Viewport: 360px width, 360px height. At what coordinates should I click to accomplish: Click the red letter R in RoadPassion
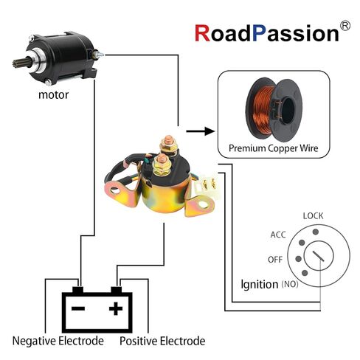click(x=202, y=33)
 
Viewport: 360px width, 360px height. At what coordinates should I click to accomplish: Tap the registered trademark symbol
click(x=345, y=26)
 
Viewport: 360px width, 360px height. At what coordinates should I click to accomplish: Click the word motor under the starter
click(x=53, y=95)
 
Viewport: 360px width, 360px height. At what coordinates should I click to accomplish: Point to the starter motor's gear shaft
click(x=20, y=63)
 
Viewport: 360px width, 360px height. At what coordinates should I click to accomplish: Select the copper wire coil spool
click(x=274, y=109)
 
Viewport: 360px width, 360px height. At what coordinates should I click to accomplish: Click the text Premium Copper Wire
click(x=273, y=148)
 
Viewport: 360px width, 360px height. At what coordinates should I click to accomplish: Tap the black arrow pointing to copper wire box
click(x=200, y=131)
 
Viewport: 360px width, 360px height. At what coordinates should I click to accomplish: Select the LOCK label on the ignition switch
click(x=313, y=216)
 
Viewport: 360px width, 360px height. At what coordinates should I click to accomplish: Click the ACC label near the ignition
click(x=278, y=235)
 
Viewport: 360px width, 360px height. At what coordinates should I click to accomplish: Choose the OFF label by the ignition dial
click(x=275, y=260)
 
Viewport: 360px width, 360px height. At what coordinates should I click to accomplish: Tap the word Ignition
click(x=260, y=284)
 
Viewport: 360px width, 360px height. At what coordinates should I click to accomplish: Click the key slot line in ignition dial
click(x=319, y=256)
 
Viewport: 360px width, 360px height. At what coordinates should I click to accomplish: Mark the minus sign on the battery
click(x=78, y=308)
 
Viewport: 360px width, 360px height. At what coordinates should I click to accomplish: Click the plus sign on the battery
click(x=116, y=308)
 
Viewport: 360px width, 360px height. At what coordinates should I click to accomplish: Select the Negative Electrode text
click(x=58, y=341)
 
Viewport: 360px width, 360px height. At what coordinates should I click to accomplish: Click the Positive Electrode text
click(x=162, y=341)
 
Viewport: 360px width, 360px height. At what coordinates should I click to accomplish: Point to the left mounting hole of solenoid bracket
click(x=114, y=190)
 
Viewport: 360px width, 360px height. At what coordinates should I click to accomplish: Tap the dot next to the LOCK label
click(x=316, y=232)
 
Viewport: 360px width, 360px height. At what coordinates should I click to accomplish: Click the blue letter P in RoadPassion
click(x=259, y=33)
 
